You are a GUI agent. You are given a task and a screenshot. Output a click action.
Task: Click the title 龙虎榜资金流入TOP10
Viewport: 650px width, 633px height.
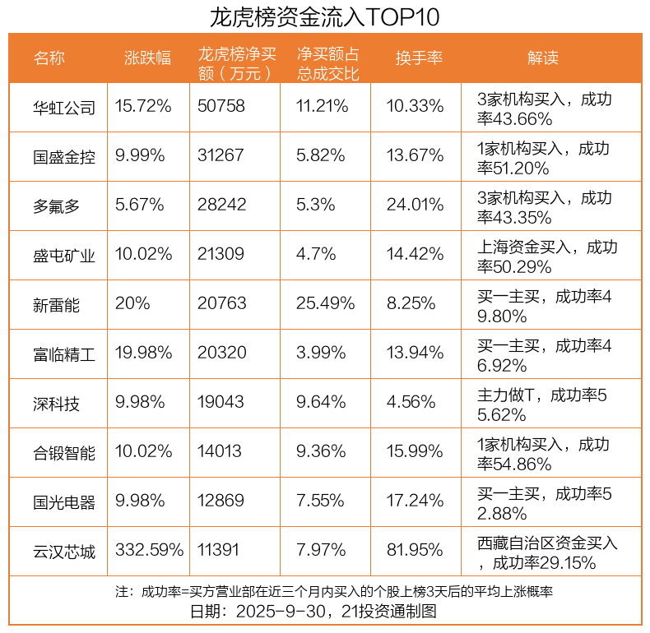(325, 16)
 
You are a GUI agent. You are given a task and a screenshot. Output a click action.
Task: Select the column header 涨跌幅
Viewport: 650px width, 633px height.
(148, 58)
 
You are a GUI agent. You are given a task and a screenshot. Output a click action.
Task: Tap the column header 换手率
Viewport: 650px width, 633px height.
(420, 58)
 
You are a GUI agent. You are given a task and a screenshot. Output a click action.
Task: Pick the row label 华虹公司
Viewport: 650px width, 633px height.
(64, 107)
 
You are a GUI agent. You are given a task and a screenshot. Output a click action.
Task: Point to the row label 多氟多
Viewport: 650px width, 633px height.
(57, 206)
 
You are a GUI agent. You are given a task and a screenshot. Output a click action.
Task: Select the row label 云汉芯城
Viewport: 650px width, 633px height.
(64, 551)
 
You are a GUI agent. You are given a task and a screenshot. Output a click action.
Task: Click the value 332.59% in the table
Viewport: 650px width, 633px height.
(145, 551)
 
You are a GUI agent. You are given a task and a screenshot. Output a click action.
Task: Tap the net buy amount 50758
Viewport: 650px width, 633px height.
(221, 107)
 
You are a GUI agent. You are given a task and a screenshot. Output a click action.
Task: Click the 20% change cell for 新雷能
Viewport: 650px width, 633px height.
(133, 304)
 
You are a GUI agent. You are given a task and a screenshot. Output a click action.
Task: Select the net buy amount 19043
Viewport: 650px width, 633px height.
(221, 403)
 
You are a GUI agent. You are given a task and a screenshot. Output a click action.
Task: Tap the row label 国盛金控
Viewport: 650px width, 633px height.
(64, 156)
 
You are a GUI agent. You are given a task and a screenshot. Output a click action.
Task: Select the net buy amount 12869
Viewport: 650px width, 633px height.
(221, 501)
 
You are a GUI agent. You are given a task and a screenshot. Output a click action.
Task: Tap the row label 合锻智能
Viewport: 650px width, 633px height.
(64, 452)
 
